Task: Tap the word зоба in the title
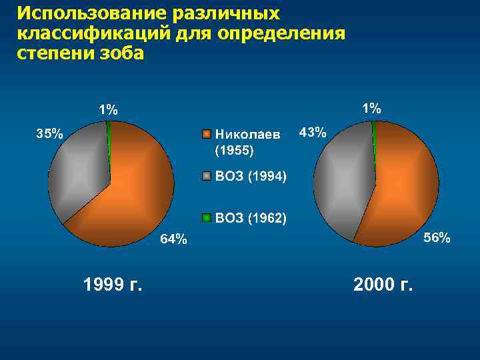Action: [x=119, y=53]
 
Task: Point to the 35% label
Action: [x=49, y=133]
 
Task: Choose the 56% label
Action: [x=437, y=238]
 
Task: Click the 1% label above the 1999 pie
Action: [x=108, y=110]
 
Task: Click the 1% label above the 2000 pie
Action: [x=371, y=107]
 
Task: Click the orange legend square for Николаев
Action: [x=207, y=134]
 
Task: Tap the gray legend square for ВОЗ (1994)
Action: [x=207, y=177]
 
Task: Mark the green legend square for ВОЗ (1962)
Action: [x=207, y=218]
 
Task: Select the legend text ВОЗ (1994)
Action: [x=251, y=177]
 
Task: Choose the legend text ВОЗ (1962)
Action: [x=251, y=218]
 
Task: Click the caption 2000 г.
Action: [x=383, y=285]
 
